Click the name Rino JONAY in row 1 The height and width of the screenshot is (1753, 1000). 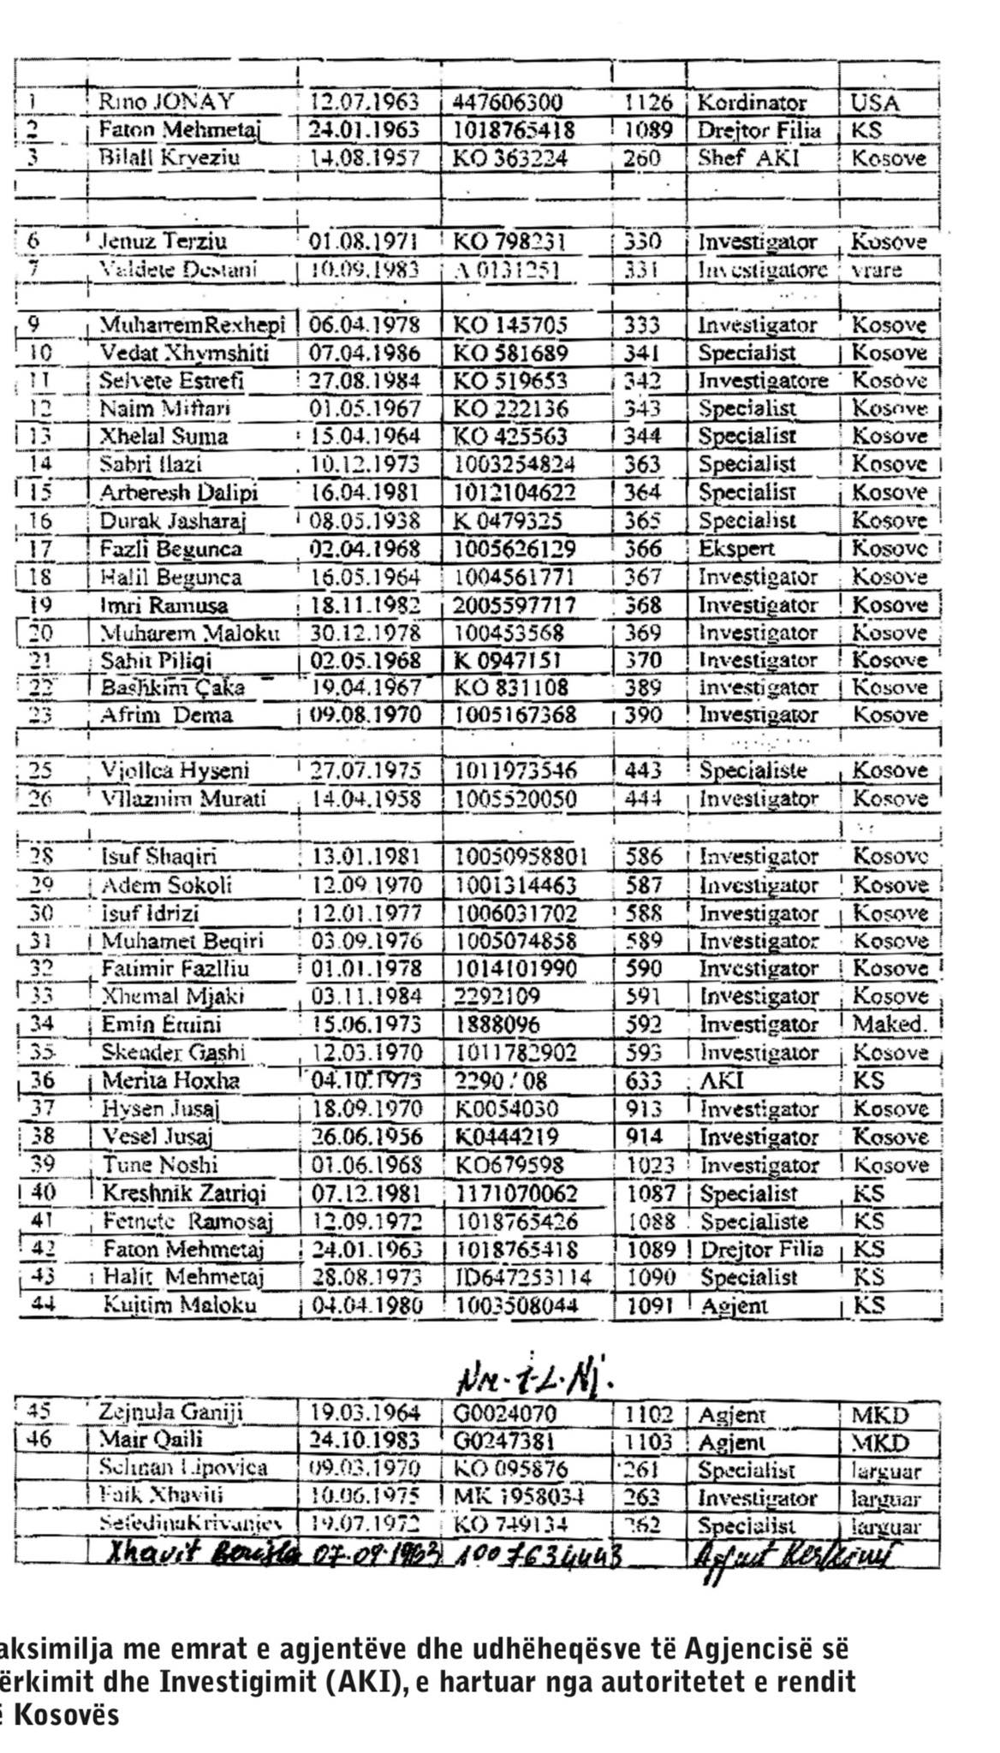pyautogui.click(x=166, y=103)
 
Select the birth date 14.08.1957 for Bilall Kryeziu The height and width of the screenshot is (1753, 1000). pyautogui.click(x=364, y=158)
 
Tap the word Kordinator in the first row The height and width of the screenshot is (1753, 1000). pyautogui.click(x=752, y=103)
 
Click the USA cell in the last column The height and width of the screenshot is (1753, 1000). pyautogui.click(x=875, y=104)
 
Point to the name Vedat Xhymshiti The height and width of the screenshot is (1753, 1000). pyautogui.click(x=184, y=353)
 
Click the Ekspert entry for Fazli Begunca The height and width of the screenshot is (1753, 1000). pyautogui.click(x=736, y=549)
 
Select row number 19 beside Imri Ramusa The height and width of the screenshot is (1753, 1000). pyautogui.click(x=39, y=605)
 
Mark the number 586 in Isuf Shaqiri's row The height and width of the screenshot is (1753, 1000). pyautogui.click(x=644, y=856)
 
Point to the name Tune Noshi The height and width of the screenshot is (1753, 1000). pyautogui.click(x=160, y=1165)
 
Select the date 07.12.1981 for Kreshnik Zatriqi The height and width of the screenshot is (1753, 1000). pyautogui.click(x=366, y=1193)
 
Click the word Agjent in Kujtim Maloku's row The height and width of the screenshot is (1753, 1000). pyautogui.click(x=734, y=1306)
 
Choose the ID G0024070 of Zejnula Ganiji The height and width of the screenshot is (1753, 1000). pyautogui.click(x=507, y=1413)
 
